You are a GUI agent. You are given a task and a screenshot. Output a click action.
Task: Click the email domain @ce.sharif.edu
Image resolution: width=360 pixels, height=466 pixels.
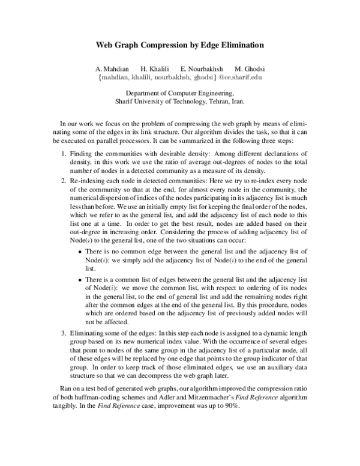pos(239,77)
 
